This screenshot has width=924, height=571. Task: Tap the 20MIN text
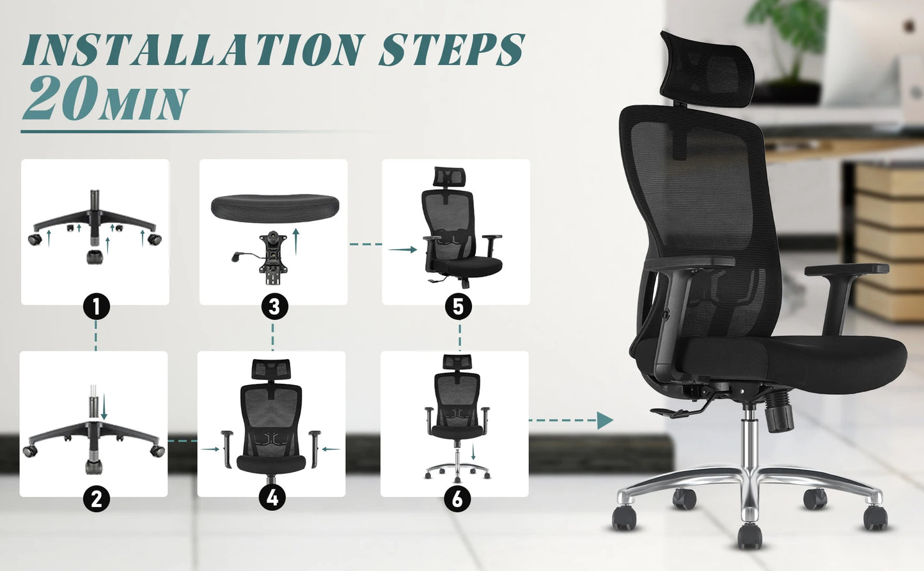[x=106, y=99]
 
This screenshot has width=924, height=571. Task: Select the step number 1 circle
[x=96, y=307]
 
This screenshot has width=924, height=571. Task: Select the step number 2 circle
[x=96, y=498]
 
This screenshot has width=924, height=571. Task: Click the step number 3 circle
[x=274, y=307]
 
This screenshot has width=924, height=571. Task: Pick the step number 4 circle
[x=272, y=497]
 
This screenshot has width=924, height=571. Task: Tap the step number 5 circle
[x=458, y=307]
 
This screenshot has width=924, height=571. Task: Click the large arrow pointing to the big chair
[x=604, y=420]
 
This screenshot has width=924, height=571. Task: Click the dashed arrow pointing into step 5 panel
[x=403, y=250]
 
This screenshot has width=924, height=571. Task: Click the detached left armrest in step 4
[x=227, y=448]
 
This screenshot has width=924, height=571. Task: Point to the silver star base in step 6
[x=457, y=471]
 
